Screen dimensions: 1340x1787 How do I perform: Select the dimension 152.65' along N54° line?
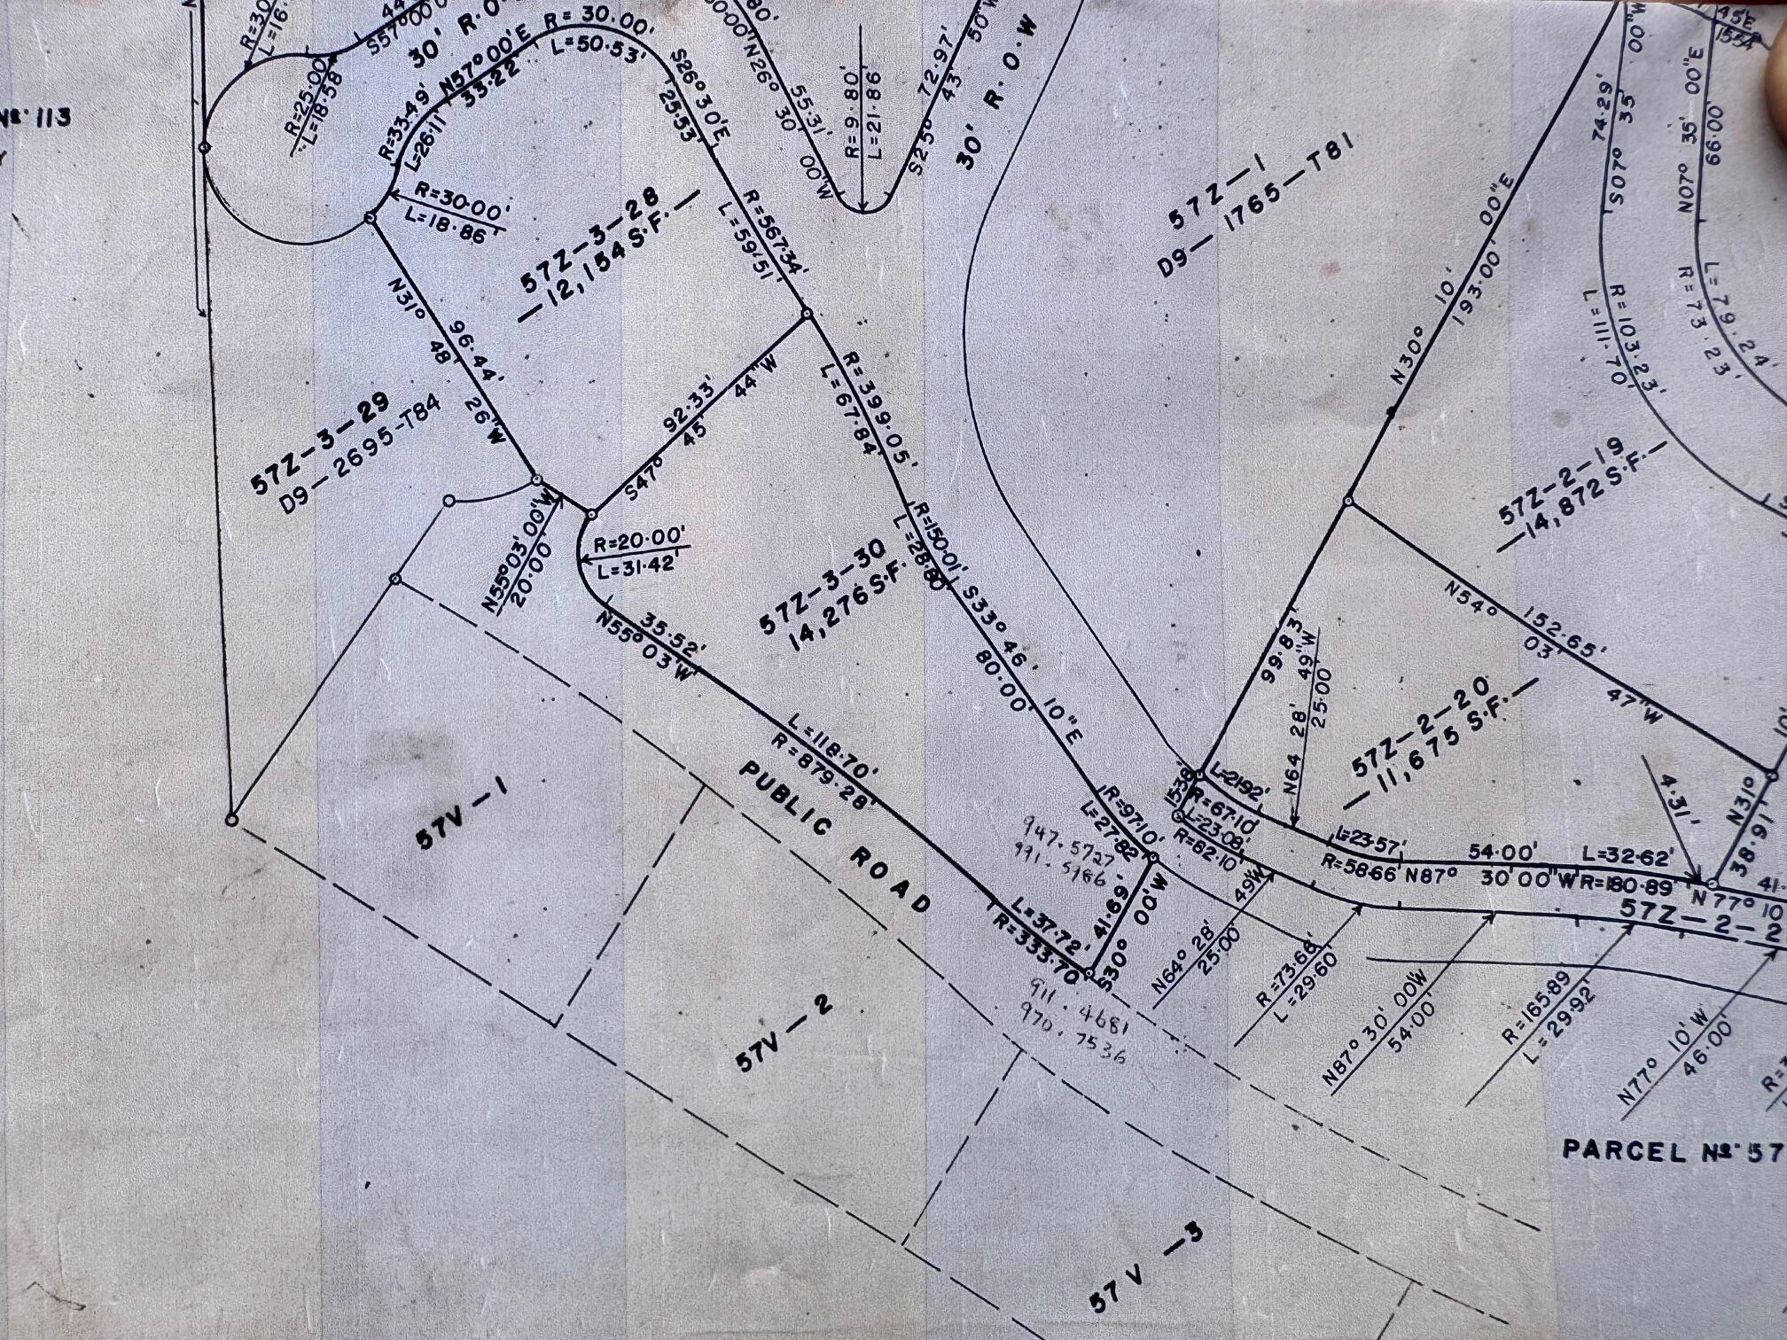point(1557,634)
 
